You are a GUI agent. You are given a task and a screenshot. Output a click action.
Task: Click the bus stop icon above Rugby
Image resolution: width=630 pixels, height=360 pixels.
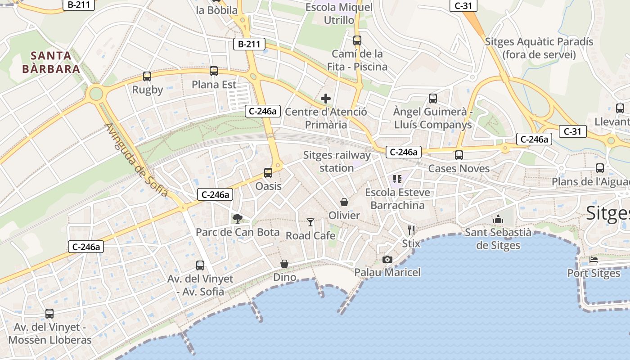point(147,76)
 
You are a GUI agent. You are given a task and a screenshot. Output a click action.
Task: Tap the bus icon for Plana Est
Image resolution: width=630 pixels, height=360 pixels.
point(214,71)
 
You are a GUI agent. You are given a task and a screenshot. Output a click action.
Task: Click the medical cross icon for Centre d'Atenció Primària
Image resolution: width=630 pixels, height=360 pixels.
point(326,99)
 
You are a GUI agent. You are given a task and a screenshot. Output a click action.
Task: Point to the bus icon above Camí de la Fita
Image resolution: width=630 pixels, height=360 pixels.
point(357,40)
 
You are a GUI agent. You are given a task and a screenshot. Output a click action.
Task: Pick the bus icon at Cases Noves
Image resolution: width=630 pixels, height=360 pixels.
point(459,155)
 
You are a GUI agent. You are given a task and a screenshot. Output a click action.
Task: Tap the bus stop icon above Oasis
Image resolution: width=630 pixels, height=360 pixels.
point(268,173)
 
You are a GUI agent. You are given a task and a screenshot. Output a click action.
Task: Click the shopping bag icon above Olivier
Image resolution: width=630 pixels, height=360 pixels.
point(344,202)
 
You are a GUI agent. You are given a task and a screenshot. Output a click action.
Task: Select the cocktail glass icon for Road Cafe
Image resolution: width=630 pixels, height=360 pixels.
point(310,222)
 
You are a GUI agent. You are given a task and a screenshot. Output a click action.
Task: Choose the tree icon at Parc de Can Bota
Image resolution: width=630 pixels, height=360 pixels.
point(237,219)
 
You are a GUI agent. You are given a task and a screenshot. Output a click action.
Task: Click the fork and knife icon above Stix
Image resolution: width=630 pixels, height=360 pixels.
point(411,230)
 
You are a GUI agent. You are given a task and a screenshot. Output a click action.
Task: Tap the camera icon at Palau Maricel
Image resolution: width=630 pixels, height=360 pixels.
point(387,259)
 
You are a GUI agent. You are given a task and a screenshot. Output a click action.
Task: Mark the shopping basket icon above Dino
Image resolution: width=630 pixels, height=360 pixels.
point(284,264)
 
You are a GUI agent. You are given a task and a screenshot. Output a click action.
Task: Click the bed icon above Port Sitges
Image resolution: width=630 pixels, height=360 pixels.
point(594,260)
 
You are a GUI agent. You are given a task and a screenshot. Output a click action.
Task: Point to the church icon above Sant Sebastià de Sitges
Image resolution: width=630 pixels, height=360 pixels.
point(498,219)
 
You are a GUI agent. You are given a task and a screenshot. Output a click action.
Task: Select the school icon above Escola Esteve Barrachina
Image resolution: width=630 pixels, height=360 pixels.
point(397,179)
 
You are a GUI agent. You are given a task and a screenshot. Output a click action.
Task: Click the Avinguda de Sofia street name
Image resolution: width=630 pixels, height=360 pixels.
point(136,160)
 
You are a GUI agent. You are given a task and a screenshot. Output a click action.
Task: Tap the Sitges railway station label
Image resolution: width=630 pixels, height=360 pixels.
point(337,162)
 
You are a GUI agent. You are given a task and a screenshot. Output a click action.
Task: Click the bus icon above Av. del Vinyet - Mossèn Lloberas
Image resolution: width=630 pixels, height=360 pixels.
point(49,314)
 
